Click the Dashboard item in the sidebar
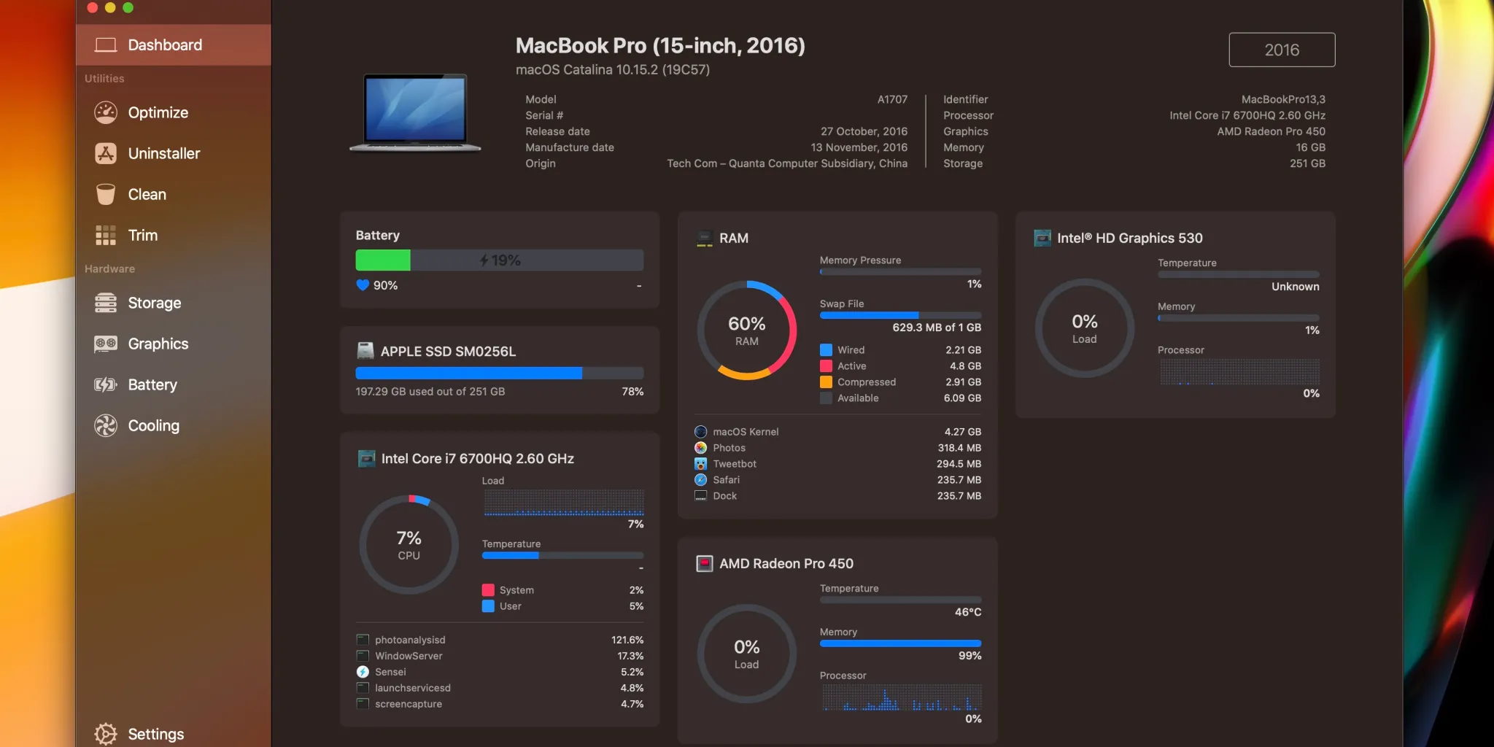click(165, 45)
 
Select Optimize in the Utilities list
click(158, 112)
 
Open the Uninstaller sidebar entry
click(163, 153)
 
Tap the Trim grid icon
click(106, 235)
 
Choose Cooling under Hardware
click(153, 425)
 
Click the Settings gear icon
click(106, 734)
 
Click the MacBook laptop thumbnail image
click(415, 113)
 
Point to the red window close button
click(93, 7)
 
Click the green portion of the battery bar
click(382, 260)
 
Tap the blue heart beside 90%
click(363, 285)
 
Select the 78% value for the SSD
click(632, 392)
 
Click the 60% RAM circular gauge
click(746, 330)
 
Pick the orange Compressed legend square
click(826, 382)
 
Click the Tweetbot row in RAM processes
click(735, 464)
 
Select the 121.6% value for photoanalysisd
click(627, 640)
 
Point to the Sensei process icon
click(363, 672)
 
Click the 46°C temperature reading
click(967, 612)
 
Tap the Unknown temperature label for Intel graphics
click(1295, 287)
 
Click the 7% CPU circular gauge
click(409, 545)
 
